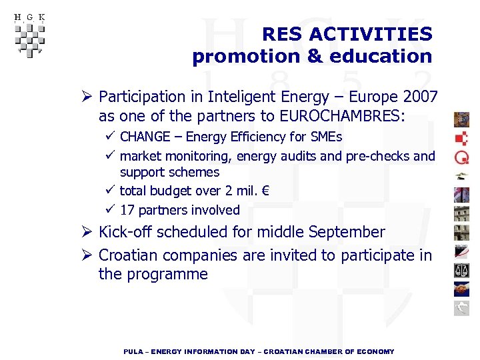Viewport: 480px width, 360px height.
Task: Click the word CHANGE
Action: click(145, 137)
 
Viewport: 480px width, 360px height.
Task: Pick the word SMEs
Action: click(326, 137)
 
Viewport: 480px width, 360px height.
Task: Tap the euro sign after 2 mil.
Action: click(265, 191)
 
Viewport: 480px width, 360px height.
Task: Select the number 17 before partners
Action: click(127, 210)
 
